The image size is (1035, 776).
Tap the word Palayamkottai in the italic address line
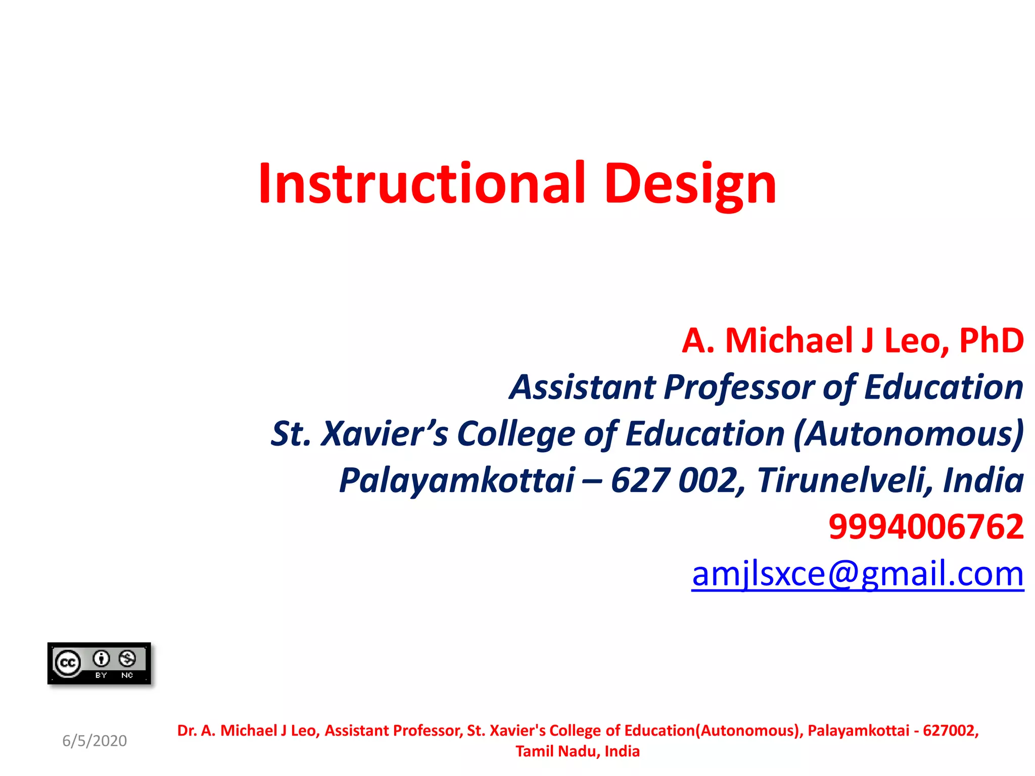click(457, 480)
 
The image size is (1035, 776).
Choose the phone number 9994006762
click(926, 526)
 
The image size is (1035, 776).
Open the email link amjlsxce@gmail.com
click(858, 574)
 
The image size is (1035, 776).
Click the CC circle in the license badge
click(68, 663)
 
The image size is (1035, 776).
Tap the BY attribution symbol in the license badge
click(101, 659)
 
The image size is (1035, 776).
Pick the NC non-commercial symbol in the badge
click(127, 659)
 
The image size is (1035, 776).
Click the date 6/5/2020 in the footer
click(95, 741)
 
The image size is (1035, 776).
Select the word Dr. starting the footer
click(186, 731)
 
